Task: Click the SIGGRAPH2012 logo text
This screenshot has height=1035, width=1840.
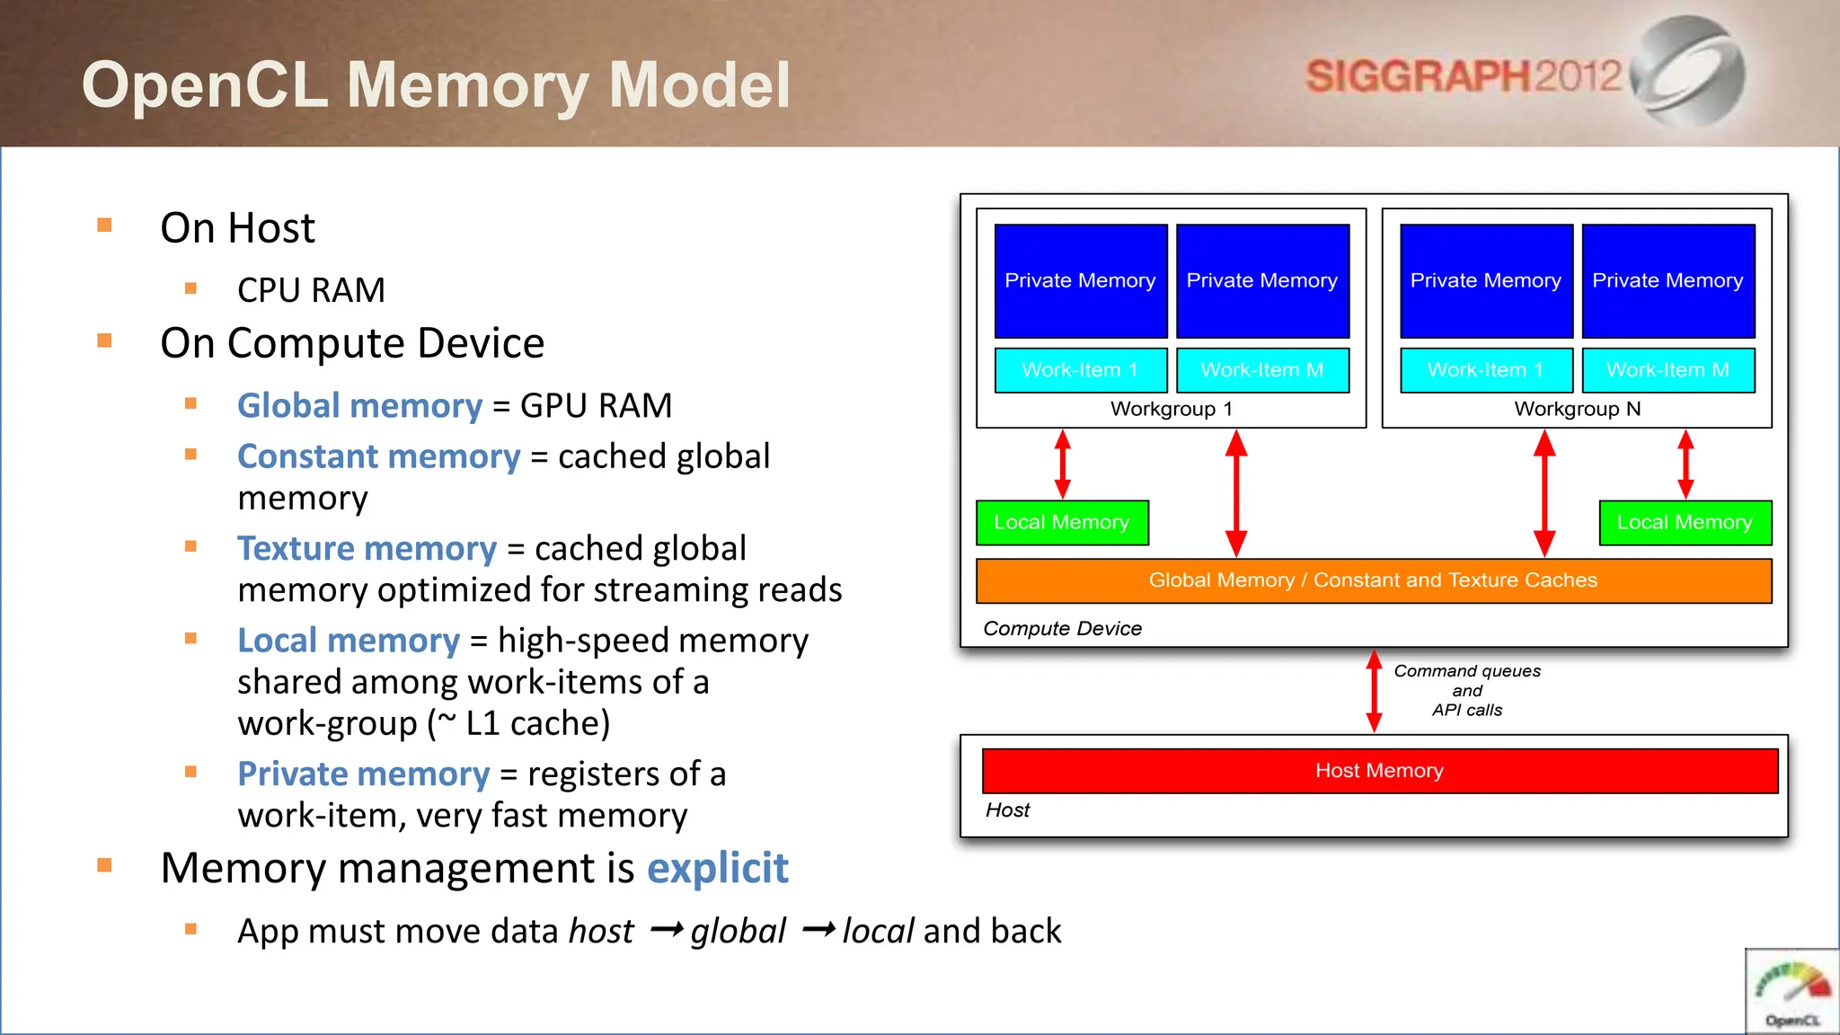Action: tap(1463, 75)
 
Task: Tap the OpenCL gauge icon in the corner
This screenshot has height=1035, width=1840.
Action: tap(1792, 992)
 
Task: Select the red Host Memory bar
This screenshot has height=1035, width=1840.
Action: tap(1379, 771)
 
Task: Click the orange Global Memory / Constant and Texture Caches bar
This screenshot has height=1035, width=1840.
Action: tap(1373, 580)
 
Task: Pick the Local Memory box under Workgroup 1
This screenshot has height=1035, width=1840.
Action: tap(1062, 523)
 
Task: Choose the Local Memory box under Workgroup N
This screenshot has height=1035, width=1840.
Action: tap(1685, 523)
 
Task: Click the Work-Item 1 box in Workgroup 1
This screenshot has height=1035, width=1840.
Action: tap(1080, 370)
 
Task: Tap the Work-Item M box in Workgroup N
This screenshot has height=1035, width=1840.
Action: tap(1667, 370)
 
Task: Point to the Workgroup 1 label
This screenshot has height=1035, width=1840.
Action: tap(1171, 410)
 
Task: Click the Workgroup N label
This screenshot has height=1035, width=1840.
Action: tap(1577, 410)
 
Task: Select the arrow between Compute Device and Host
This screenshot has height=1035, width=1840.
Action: tap(1374, 691)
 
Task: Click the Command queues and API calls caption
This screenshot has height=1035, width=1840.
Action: tap(1467, 691)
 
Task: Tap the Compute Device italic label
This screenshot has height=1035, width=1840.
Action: tap(1062, 629)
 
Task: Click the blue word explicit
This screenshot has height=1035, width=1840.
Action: tap(717, 868)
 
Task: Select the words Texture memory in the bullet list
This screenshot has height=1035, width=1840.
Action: tap(367, 549)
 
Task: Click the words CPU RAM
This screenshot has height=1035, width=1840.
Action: tap(311, 290)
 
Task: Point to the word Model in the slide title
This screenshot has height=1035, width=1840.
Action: tap(699, 85)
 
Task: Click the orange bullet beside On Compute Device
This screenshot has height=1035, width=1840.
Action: tap(105, 341)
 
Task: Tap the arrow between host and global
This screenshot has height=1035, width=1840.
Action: tap(666, 930)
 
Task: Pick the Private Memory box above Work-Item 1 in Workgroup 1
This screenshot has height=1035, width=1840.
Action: tap(1080, 280)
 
